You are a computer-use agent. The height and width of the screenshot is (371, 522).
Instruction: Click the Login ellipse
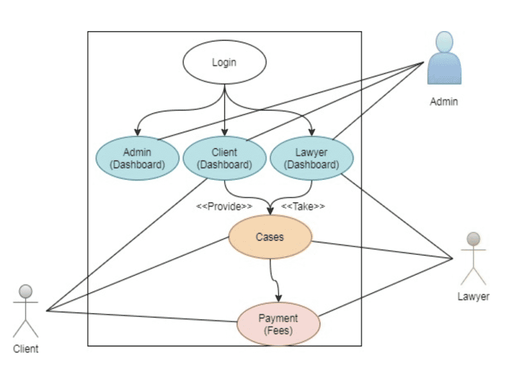(224, 63)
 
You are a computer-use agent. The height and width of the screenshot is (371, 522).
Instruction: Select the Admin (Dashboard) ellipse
(138, 158)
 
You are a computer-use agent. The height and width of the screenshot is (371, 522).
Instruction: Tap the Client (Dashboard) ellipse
(224, 158)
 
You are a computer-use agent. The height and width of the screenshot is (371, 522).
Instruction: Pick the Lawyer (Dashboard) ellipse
(311, 158)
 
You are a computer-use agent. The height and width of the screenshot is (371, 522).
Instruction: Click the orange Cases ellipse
(270, 237)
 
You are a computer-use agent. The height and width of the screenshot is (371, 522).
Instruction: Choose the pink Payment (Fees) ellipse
(278, 325)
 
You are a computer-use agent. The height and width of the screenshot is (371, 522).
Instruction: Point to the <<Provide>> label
(224, 206)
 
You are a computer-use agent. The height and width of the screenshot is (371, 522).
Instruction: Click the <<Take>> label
(303, 206)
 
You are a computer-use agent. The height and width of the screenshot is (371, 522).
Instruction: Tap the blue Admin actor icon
(444, 59)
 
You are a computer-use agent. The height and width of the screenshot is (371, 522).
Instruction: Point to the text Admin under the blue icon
(444, 102)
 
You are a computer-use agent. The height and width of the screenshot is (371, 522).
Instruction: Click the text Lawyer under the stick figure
(473, 296)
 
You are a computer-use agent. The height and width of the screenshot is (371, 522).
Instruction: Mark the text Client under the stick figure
(25, 349)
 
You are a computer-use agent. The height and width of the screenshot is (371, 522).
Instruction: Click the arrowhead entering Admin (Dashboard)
(137, 132)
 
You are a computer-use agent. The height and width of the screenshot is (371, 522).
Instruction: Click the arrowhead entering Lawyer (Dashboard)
(311, 132)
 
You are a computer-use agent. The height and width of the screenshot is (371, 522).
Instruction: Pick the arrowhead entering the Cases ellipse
(270, 210)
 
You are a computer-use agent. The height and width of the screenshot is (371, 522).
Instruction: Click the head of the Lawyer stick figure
(474, 239)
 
